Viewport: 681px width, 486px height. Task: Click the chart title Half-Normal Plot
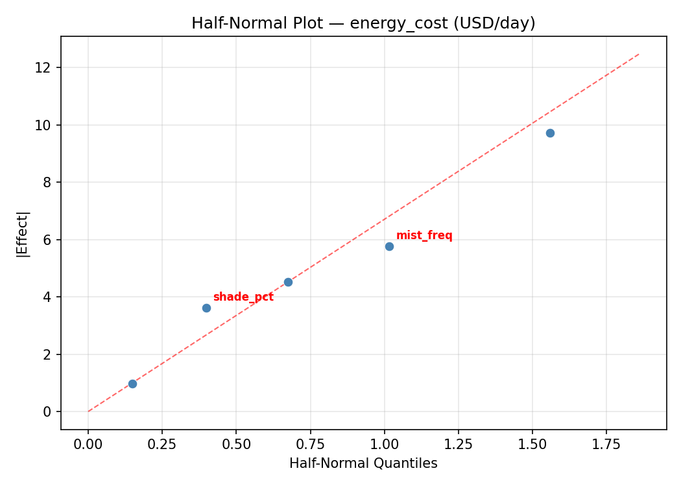(x=363, y=23)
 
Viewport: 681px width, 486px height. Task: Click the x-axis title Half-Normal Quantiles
(x=363, y=463)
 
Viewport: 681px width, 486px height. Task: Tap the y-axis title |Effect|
(x=23, y=233)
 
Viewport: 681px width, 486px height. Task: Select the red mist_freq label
(x=424, y=235)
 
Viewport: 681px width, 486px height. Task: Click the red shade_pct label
(x=243, y=297)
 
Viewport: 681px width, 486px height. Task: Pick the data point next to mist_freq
(x=389, y=246)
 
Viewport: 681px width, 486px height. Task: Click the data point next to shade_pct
(x=206, y=308)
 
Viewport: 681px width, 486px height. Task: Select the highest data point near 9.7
(x=550, y=133)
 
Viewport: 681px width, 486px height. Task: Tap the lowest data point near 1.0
(x=132, y=384)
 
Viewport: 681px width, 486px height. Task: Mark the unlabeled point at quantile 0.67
(x=288, y=282)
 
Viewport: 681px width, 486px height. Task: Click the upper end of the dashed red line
(x=639, y=54)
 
